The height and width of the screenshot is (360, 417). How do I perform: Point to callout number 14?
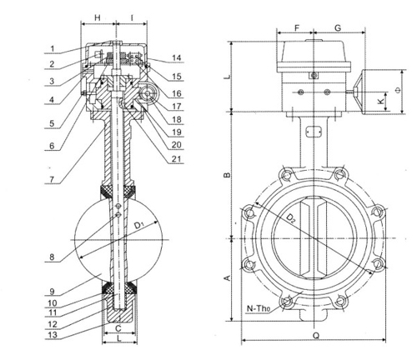pyautogui.click(x=178, y=57)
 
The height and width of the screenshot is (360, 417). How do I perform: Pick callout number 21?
pyautogui.click(x=178, y=159)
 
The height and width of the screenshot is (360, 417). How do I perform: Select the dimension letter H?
pyautogui.click(x=98, y=17)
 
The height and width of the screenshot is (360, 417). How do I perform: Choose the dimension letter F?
pyautogui.click(x=298, y=27)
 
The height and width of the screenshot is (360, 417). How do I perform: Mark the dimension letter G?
pyautogui.click(x=338, y=27)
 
